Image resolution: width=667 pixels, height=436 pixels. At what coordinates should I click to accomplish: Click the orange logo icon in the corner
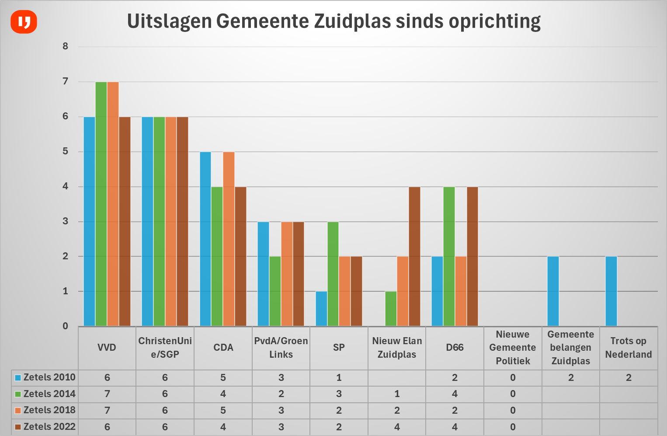pyautogui.click(x=24, y=21)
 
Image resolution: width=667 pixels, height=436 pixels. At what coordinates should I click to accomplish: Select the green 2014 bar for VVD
pyautogui.click(x=101, y=204)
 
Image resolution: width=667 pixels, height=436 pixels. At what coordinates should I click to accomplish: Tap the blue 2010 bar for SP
pyautogui.click(x=321, y=308)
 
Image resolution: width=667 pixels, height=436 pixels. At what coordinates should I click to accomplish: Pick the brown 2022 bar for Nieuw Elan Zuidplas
pyautogui.click(x=414, y=256)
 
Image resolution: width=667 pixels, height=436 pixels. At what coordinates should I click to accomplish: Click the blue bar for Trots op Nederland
pyautogui.click(x=611, y=291)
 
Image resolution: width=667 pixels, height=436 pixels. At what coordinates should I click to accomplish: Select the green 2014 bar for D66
pyautogui.click(x=449, y=256)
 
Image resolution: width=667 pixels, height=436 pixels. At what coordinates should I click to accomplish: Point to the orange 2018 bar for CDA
pyautogui.click(x=229, y=239)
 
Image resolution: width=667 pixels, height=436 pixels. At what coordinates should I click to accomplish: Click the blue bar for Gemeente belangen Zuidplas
pyautogui.click(x=553, y=291)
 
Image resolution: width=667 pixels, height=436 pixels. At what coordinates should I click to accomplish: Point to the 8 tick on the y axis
pyautogui.click(x=66, y=46)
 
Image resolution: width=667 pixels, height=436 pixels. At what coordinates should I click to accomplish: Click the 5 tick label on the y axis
pyautogui.click(x=66, y=151)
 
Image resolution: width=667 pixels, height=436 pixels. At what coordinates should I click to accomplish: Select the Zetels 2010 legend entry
pyautogui.click(x=45, y=377)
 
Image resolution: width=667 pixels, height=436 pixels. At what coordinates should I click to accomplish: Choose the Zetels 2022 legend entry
pyautogui.click(x=45, y=427)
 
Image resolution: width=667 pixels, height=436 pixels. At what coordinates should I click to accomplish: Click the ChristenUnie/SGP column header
pyautogui.click(x=165, y=348)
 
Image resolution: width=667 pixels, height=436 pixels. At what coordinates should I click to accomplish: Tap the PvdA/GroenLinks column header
pyautogui.click(x=281, y=348)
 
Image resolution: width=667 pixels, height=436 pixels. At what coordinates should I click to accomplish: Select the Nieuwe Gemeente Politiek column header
pyautogui.click(x=513, y=348)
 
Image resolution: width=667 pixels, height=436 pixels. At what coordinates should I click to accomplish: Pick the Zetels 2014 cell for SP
pyautogui.click(x=339, y=394)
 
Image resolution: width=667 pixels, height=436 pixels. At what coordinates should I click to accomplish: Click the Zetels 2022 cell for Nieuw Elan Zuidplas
pyautogui.click(x=397, y=427)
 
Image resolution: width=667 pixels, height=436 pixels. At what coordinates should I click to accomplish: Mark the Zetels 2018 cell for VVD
pyautogui.click(x=107, y=411)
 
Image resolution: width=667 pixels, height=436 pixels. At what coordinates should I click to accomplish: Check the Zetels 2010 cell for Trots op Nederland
pyautogui.click(x=629, y=378)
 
